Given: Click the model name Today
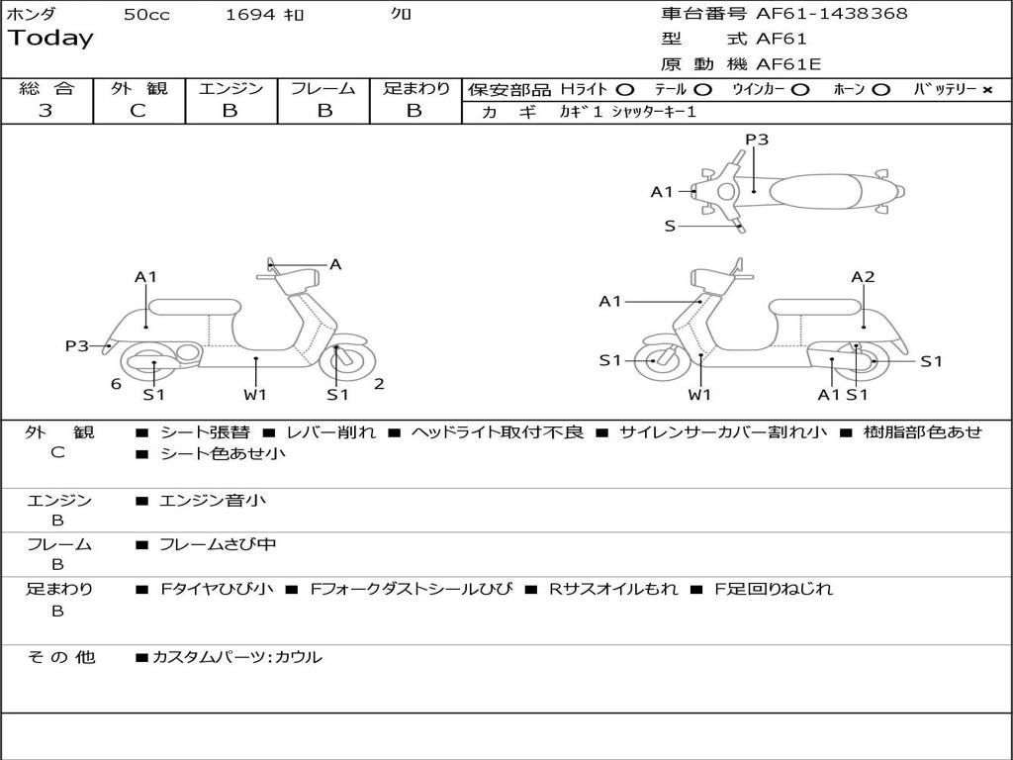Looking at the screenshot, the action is click(50, 39).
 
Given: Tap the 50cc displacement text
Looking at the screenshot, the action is click(146, 15).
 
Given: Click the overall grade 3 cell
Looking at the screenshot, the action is click(46, 111).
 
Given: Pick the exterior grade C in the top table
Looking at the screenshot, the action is click(138, 111).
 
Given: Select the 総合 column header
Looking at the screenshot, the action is click(46, 89).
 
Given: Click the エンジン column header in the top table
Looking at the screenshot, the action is click(230, 89).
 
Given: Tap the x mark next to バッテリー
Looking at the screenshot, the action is click(986, 90).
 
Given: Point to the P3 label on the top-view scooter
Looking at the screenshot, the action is click(757, 140).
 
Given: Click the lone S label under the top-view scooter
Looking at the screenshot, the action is click(670, 227).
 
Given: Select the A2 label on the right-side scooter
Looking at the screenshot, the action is click(863, 277).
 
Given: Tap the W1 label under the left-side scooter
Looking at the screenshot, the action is click(256, 395).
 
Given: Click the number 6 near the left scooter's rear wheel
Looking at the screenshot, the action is click(116, 384).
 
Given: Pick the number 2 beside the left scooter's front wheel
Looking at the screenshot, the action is click(379, 384).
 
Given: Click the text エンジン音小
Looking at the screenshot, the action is click(213, 501).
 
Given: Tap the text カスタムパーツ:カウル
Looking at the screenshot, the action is click(237, 657).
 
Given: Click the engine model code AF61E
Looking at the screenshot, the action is click(788, 65).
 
